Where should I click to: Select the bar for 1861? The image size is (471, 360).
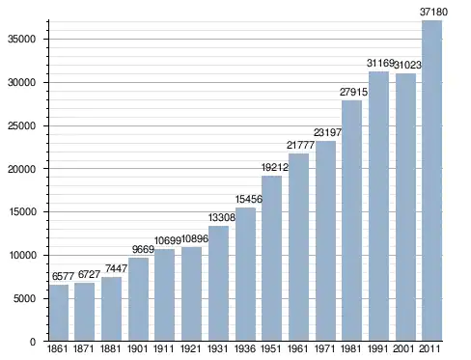tap(59, 313)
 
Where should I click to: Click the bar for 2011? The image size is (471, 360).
tap(432, 180)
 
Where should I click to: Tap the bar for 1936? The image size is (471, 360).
tap(245, 274)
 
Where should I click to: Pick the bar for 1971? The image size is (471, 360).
tap(325, 240)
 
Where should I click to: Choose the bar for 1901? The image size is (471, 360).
tap(138, 299)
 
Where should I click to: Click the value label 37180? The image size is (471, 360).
tap(433, 12)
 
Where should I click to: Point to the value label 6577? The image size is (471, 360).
tap(63, 276)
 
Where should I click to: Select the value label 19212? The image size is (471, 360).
tap(275, 167)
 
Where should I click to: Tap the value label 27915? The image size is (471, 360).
tap(353, 92)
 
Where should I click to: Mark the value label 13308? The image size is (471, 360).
tap(222, 217)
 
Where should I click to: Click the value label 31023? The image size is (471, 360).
tap(407, 65)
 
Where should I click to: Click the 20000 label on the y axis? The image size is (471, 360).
tap(21, 169)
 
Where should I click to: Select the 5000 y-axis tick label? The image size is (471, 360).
tap(24, 299)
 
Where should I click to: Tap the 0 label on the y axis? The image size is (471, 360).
tap(33, 342)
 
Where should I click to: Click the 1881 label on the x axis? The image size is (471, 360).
tap(110, 349)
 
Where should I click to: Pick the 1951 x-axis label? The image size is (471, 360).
tap(271, 349)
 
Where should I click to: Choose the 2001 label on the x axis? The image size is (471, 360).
tap(403, 349)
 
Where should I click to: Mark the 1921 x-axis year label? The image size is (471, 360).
tap(190, 349)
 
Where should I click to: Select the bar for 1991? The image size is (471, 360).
tap(378, 207)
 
